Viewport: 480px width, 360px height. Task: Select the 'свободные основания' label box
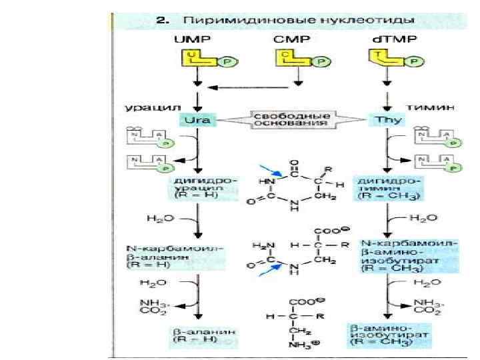click(x=291, y=119)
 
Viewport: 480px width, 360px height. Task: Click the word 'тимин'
click(x=423, y=107)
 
